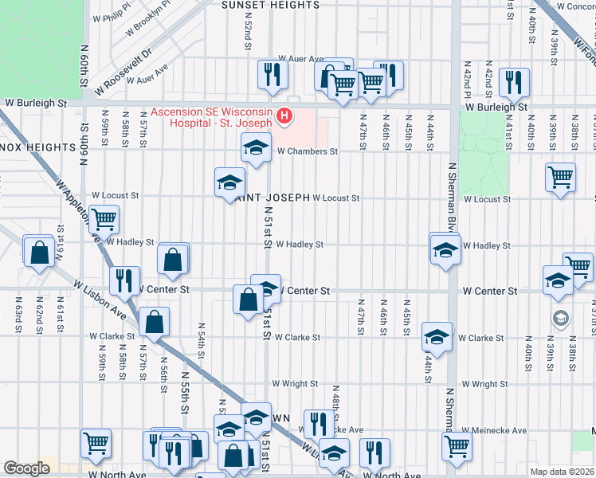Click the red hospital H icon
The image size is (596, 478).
pos(284,118)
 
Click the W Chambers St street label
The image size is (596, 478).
pos(307,151)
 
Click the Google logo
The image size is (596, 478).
pos(26,468)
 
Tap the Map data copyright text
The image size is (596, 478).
pos(562,472)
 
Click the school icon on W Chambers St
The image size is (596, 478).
pos(255,147)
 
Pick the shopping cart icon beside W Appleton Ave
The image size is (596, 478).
pos(104,218)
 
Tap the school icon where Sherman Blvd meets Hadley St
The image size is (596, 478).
pos(444,249)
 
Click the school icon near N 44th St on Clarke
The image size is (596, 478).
pos(436,337)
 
